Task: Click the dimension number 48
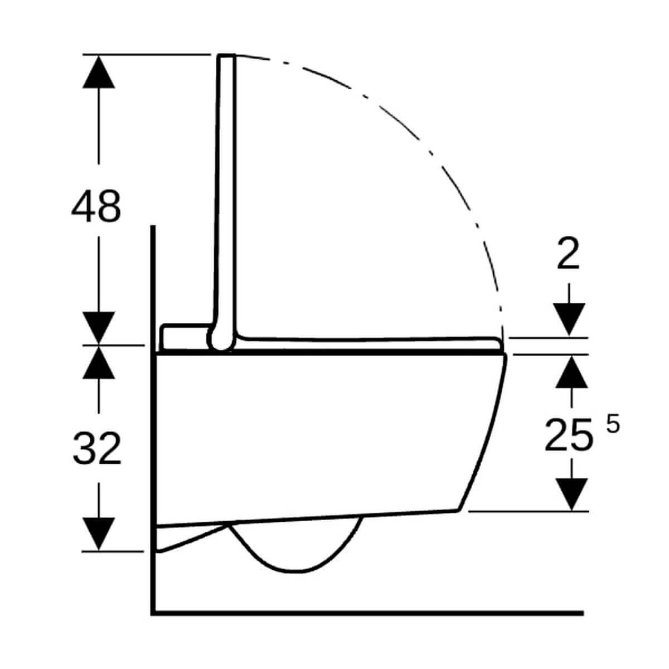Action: click(96, 206)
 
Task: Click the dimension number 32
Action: click(97, 449)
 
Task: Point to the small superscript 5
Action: click(612, 425)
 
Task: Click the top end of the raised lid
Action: click(226, 57)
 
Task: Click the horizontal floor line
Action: click(368, 612)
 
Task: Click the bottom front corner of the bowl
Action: click(458, 510)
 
